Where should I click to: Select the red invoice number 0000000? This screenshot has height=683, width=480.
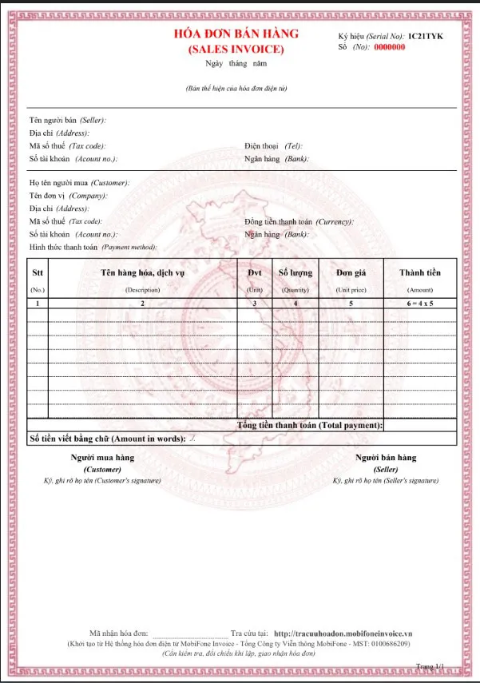[x=390, y=47]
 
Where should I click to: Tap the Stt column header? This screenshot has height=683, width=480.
[x=38, y=273]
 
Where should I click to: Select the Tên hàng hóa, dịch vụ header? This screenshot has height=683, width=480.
[x=143, y=273]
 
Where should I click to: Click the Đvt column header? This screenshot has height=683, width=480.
[x=255, y=273]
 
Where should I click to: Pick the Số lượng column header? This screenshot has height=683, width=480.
[x=295, y=273]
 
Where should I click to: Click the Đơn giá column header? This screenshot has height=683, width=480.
[x=351, y=273]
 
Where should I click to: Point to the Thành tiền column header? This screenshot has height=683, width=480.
[x=419, y=273]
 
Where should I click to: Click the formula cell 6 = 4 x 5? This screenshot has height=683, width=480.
[x=419, y=304]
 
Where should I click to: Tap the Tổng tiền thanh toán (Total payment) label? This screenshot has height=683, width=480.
[x=310, y=425]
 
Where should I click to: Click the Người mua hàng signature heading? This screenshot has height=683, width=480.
[x=102, y=458]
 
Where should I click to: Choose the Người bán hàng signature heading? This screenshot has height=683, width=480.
[x=386, y=458]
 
